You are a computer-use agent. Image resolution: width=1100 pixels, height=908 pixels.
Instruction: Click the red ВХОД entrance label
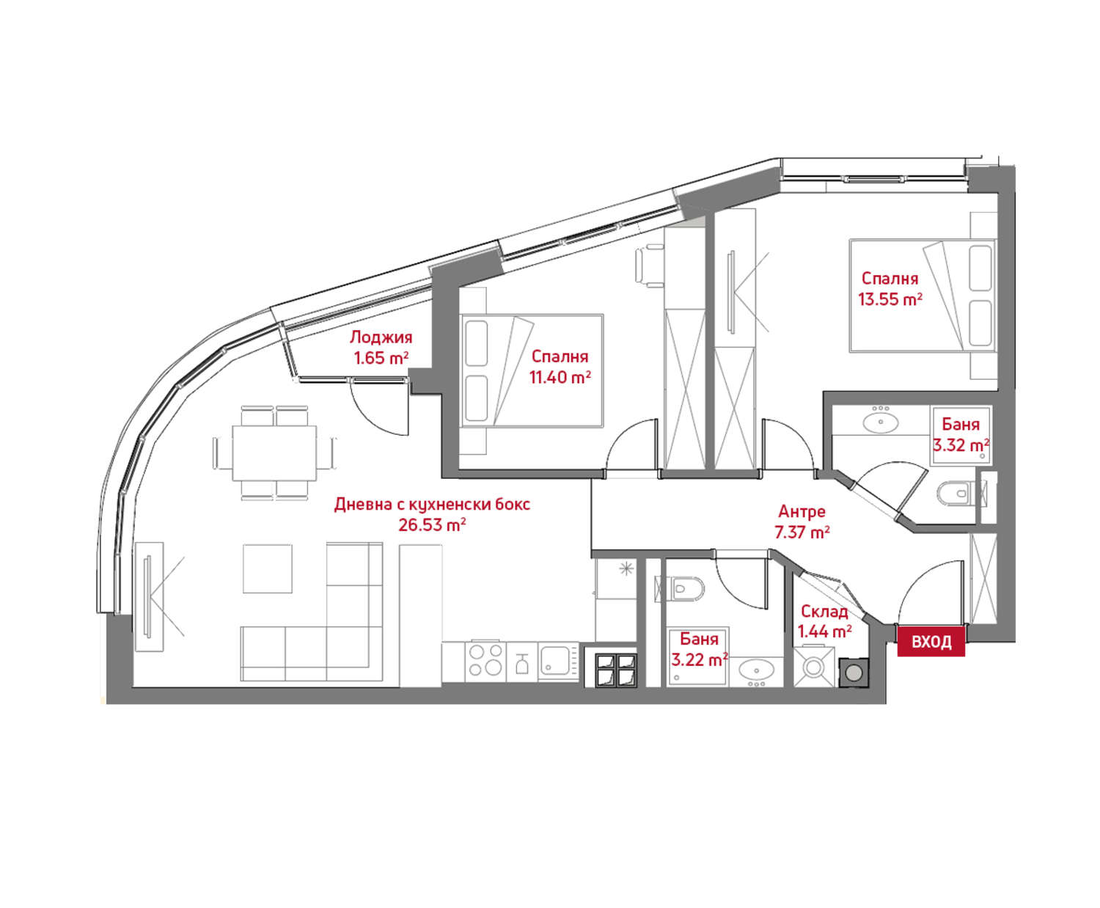[x=931, y=641]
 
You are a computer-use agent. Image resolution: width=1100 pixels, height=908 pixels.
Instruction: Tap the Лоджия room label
[x=381, y=337]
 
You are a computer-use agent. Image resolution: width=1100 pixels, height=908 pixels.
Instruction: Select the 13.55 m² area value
[x=890, y=299]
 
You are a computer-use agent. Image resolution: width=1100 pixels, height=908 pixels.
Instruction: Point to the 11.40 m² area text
[x=560, y=377]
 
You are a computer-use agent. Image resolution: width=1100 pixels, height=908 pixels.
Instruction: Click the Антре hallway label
[x=802, y=511]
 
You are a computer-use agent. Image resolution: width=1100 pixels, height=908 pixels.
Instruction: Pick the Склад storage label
[x=824, y=611]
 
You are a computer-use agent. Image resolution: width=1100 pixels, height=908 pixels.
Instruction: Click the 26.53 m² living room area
[x=432, y=525]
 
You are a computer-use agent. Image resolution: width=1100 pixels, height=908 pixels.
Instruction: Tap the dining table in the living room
[x=274, y=453]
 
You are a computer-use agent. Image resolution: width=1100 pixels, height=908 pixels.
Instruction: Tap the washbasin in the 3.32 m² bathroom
[x=880, y=422]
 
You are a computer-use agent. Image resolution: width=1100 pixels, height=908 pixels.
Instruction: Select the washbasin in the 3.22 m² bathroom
[x=757, y=670]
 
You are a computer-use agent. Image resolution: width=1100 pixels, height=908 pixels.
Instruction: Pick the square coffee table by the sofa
[x=267, y=568]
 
